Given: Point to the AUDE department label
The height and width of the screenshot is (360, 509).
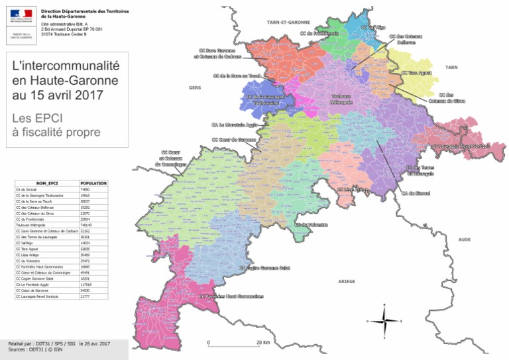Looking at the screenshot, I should point(464,238).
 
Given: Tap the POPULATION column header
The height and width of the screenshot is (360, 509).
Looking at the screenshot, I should point(93,182).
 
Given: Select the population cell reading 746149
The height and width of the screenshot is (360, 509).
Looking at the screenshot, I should point(87,225).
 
